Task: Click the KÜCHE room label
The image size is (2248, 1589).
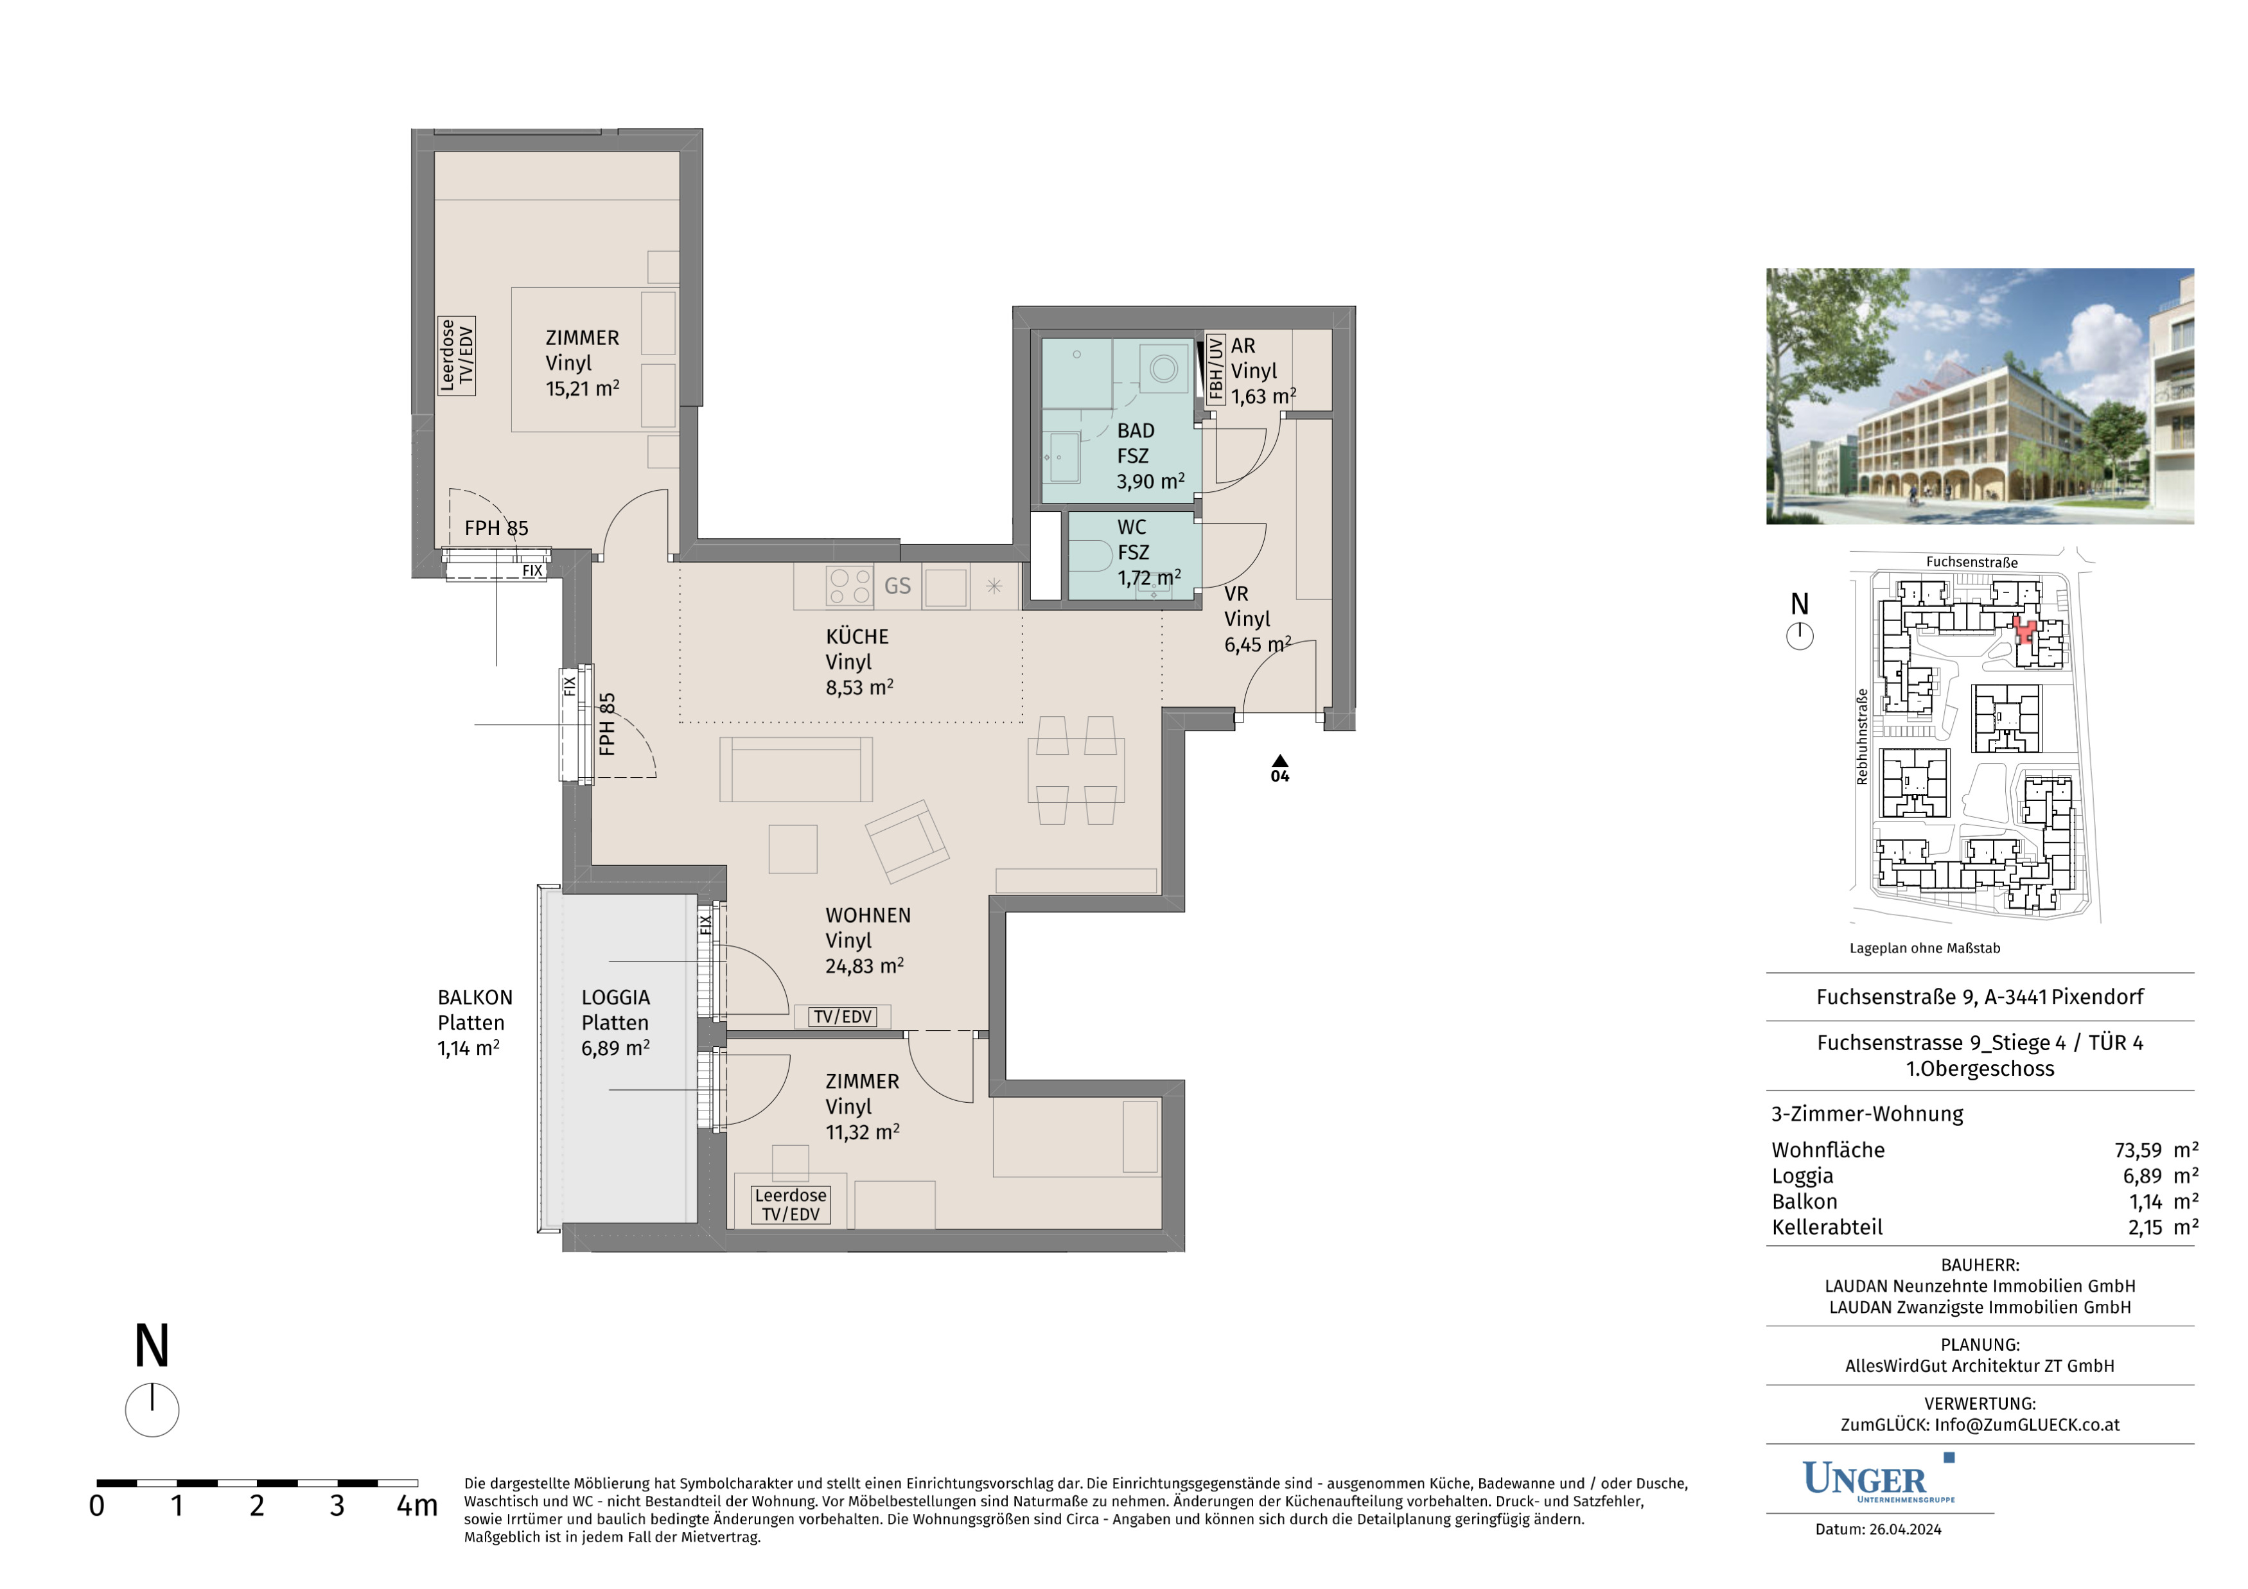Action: point(857,636)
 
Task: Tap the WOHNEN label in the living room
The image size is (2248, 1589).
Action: point(868,915)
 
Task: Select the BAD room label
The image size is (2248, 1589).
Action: point(1136,431)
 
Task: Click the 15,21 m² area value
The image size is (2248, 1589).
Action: point(583,389)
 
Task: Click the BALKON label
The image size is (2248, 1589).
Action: point(475,997)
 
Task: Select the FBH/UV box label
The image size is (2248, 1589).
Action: point(1215,369)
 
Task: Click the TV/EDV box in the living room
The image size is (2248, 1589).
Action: point(842,1016)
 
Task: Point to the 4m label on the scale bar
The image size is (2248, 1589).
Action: point(417,1506)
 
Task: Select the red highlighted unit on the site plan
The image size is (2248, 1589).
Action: point(2024,631)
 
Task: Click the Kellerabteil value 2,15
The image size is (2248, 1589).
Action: point(2145,1228)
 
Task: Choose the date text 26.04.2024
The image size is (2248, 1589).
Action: point(1905,1529)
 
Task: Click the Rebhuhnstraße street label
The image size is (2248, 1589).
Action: point(1862,736)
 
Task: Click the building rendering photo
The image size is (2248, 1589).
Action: point(1980,396)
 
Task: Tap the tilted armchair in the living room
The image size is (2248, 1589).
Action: point(908,841)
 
